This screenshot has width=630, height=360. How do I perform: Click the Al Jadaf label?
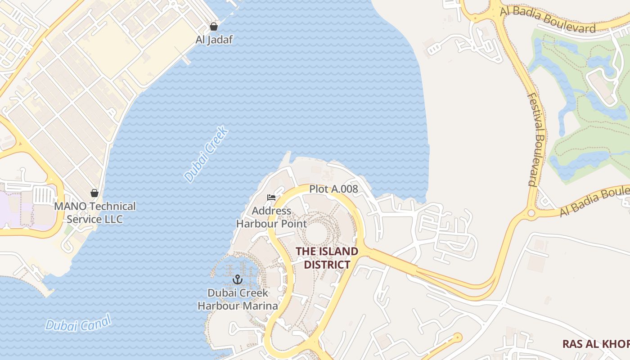point(214,40)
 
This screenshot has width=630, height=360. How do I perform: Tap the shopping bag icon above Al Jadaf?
point(214,27)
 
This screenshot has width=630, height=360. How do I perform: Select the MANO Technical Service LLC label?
point(94,213)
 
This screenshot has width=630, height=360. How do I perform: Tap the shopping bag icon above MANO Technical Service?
point(94,193)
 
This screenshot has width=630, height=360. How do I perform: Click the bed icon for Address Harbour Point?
point(271,198)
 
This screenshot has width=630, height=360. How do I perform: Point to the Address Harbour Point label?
point(271,217)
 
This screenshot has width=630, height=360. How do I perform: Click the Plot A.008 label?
point(333,189)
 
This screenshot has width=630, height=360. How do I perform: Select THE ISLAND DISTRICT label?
point(327,258)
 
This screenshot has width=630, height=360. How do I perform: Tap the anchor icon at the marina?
point(237,280)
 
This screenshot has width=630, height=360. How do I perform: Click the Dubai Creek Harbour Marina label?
point(238,299)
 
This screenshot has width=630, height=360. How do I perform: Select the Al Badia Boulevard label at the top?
point(548,19)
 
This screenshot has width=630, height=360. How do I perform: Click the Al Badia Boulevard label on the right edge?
point(594,203)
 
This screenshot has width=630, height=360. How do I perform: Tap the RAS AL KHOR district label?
point(596,344)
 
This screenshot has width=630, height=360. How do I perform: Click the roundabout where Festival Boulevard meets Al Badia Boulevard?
point(531,212)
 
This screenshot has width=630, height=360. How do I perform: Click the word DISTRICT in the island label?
point(327,264)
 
